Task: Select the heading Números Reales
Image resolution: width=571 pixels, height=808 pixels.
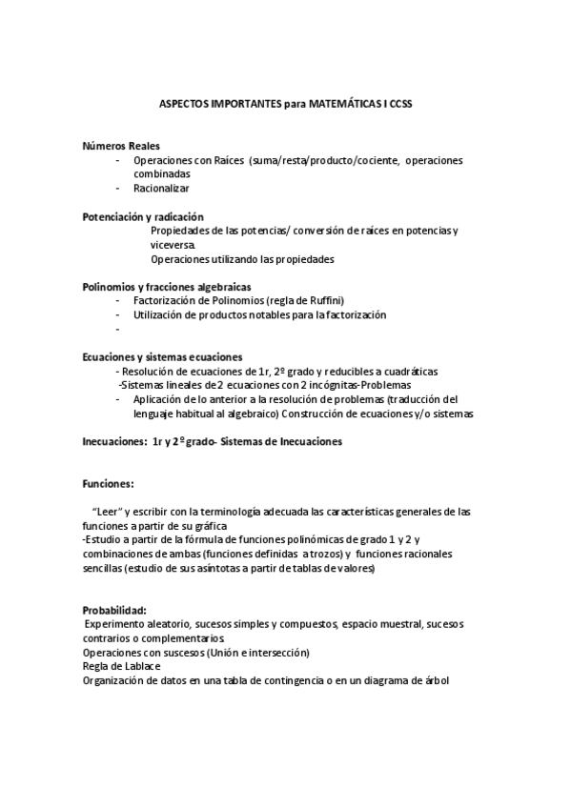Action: click(x=114, y=146)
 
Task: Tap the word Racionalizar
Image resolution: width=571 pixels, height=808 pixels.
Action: click(x=162, y=189)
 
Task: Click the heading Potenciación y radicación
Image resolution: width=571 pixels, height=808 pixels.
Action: click(x=143, y=217)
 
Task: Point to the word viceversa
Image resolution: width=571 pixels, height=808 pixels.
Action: click(x=172, y=245)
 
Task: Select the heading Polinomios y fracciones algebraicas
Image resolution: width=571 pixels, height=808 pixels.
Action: click(x=167, y=287)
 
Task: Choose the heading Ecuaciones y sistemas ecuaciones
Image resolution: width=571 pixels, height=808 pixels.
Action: click(x=163, y=357)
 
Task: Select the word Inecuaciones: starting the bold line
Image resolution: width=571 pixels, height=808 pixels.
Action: click(x=113, y=441)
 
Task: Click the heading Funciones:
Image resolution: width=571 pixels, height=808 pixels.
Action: click(x=109, y=483)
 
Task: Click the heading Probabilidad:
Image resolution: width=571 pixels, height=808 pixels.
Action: click(x=114, y=610)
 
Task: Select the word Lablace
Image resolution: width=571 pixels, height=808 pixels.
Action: click(x=133, y=666)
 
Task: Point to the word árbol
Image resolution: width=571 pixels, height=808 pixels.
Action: click(x=435, y=680)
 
